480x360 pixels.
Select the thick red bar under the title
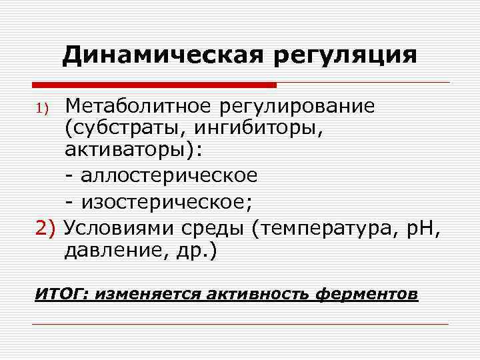[x=154, y=85]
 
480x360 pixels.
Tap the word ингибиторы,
[x=254, y=129]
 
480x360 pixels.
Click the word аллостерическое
[x=169, y=175]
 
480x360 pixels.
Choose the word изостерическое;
[x=169, y=199]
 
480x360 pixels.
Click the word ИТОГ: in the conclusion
[x=61, y=294]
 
